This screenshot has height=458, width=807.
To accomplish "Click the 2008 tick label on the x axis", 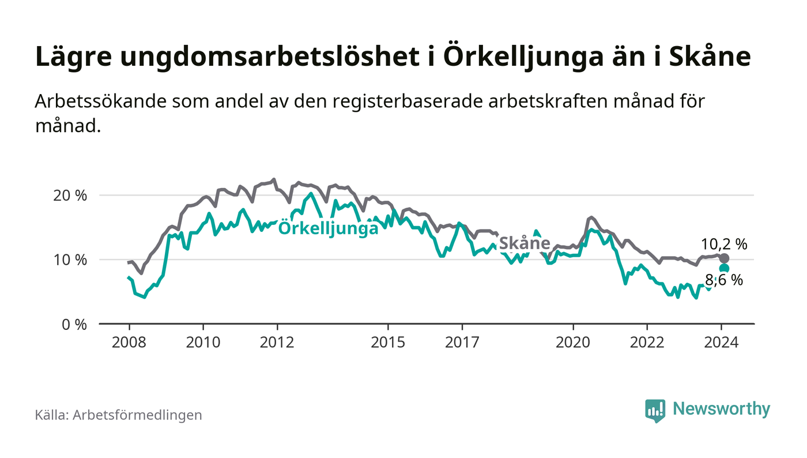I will [129, 342].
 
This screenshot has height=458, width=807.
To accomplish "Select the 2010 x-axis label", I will [203, 342].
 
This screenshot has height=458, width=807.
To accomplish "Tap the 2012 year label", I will [277, 342].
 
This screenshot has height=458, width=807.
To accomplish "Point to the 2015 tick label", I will [389, 342].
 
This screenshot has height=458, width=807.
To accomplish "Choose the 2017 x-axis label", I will [462, 342].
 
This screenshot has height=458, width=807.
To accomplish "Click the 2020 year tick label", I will [574, 342].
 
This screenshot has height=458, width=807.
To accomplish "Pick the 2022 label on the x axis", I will [647, 342].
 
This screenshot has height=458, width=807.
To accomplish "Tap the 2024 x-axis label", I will [721, 342].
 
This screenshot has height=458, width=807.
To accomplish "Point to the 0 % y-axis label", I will [74, 324].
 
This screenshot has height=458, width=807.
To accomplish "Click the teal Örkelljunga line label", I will [329, 228].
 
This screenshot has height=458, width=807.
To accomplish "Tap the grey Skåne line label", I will [524, 243].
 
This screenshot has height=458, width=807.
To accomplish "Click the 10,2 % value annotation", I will [724, 244].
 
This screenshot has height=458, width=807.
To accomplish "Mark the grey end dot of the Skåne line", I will [725, 258].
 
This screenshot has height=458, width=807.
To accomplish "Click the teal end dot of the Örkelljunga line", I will [725, 268].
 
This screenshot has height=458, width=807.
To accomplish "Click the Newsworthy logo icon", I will [655, 410].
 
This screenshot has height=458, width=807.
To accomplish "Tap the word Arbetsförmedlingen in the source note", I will [137, 415].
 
